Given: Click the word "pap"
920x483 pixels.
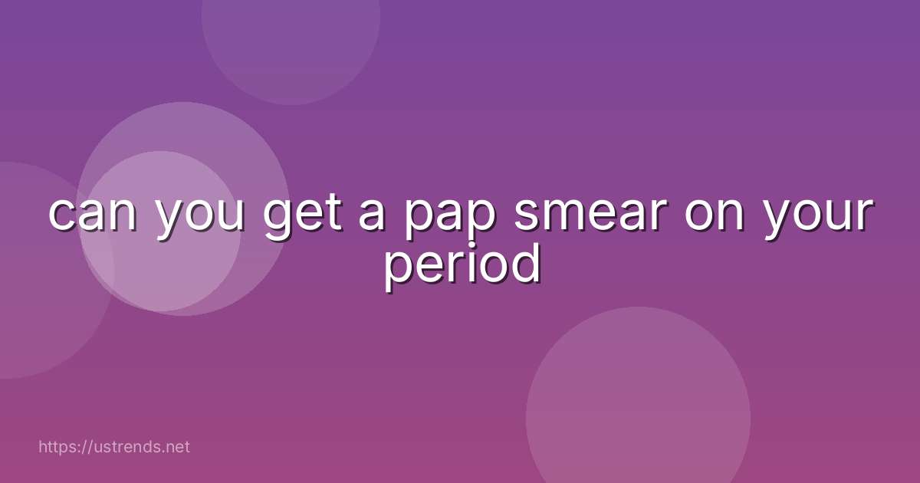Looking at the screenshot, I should [448, 217].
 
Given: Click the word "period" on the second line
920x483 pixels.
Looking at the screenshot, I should [462, 264].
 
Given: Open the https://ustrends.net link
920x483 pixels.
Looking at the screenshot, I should [113, 446].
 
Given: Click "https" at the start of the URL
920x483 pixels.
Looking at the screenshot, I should [58, 446].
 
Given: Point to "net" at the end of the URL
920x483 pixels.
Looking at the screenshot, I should [177, 446].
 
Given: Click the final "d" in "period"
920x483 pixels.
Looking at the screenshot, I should [527, 261].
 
